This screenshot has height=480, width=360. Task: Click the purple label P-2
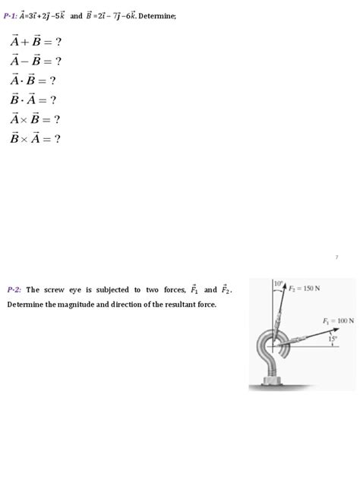[14, 289]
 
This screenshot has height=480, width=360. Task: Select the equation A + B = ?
[35, 41]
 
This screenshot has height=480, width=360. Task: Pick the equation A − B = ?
[35, 61]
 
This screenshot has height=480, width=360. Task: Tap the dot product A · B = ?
[33, 81]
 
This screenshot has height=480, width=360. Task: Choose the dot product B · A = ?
[33, 99]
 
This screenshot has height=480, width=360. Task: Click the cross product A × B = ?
[35, 119]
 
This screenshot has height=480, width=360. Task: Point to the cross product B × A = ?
[35, 138]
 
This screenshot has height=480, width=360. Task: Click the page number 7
[336, 258]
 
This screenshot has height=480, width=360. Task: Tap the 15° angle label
[332, 339]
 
